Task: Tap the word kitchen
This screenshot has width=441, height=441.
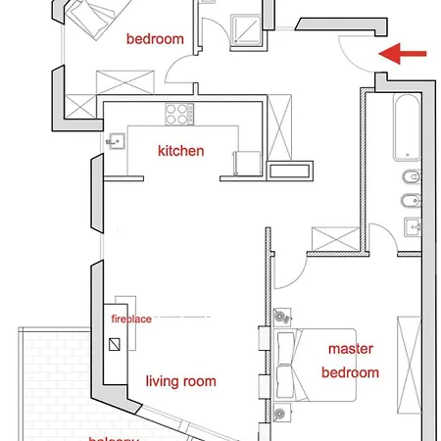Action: [x=181, y=151]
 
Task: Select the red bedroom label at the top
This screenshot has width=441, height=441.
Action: [x=156, y=39]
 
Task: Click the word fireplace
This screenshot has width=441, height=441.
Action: [x=130, y=318]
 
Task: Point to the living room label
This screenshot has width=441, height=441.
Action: [x=181, y=381]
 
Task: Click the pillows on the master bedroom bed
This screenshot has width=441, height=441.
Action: [x=287, y=362]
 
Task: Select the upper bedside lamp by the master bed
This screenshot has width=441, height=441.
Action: [x=283, y=318]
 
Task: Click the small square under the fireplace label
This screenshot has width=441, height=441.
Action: [x=118, y=345]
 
